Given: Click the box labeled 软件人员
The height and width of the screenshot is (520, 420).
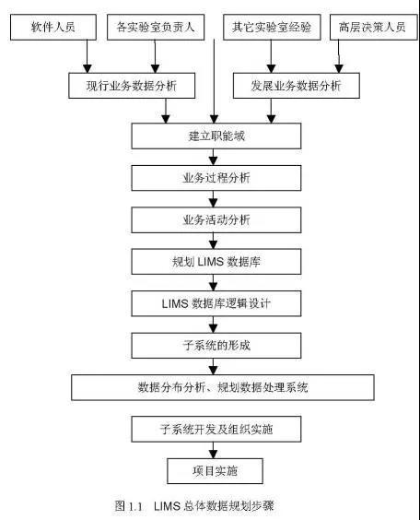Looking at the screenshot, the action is click(53, 27).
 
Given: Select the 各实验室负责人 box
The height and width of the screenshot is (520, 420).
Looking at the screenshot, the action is click(156, 27).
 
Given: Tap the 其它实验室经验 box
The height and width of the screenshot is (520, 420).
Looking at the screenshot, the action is click(272, 27).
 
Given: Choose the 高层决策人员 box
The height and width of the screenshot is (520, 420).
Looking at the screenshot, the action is click(374, 27).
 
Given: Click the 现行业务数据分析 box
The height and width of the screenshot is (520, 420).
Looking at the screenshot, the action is click(132, 86).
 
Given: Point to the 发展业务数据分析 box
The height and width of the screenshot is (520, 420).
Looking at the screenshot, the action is click(297, 86).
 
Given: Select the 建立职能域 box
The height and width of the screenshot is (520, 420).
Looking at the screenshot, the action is click(216, 136).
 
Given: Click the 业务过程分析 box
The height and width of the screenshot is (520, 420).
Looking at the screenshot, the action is click(216, 178).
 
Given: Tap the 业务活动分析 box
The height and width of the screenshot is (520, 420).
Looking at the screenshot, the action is click(216, 219).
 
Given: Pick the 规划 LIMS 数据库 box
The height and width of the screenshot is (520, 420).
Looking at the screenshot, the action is click(216, 262).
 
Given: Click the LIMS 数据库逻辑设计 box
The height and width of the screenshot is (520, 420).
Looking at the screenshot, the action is click(216, 303).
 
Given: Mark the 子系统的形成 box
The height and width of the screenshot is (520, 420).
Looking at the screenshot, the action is click(216, 346).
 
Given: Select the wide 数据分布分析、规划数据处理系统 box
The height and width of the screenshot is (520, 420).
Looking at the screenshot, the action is click(223, 387).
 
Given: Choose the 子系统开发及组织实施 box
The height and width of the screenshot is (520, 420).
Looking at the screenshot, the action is click(216, 430).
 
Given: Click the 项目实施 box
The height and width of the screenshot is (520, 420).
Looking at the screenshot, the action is click(215, 471).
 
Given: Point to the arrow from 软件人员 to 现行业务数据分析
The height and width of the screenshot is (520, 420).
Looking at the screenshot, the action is click(87, 56).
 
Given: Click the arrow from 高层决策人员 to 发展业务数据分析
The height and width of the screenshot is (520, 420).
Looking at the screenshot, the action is click(339, 56).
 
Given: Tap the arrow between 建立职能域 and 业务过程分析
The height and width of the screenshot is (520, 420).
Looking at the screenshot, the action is click(214, 157).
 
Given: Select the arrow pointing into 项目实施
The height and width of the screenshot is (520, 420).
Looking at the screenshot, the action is click(214, 450).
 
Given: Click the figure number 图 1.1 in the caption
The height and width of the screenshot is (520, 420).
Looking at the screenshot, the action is click(129, 506).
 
